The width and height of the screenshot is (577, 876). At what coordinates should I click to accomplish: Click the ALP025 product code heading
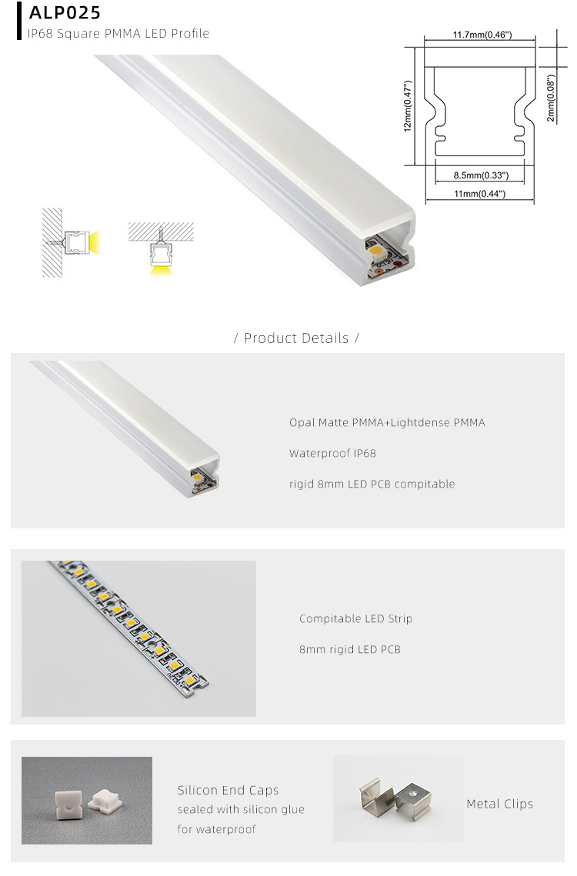tap(65, 13)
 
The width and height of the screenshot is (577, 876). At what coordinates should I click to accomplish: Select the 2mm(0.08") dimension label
tap(550, 98)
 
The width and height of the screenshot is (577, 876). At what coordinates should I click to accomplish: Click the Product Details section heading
tap(296, 338)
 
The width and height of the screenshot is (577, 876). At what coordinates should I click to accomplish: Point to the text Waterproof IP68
tap(332, 453)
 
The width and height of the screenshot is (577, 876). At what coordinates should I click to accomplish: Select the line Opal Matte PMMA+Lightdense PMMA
tap(387, 422)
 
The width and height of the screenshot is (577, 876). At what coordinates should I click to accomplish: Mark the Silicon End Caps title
tap(228, 790)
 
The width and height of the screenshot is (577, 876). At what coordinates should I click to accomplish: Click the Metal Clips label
tap(499, 804)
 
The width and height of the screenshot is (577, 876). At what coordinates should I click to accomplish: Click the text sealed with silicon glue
tap(241, 809)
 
